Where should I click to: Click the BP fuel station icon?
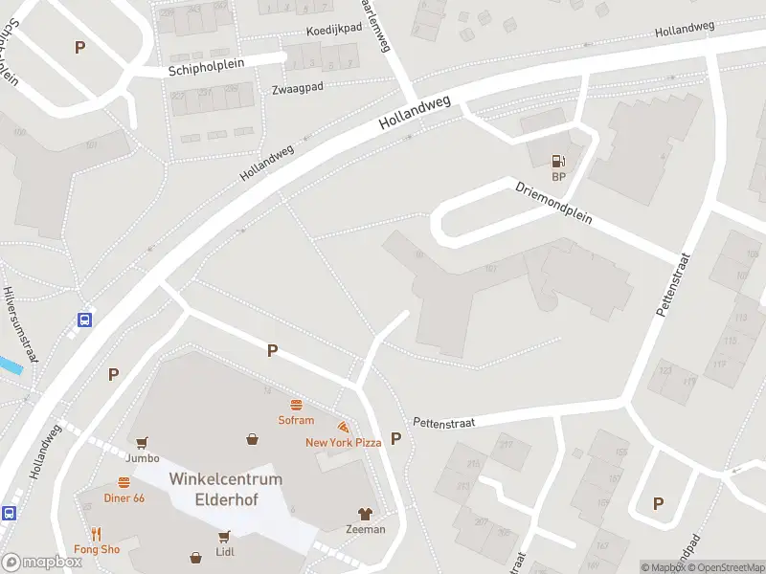(x=558, y=162)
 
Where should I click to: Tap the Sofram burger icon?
(x=296, y=405)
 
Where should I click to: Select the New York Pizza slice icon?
(x=343, y=427)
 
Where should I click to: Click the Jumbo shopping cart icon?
(x=143, y=443)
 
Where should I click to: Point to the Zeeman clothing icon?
(x=365, y=514)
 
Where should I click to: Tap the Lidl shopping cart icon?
(x=225, y=536)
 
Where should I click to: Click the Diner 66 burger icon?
(x=124, y=483)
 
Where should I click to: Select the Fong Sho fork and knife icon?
(x=97, y=534)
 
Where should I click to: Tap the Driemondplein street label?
(x=554, y=203)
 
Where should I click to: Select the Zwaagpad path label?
(x=297, y=87)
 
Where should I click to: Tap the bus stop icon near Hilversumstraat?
(x=84, y=320)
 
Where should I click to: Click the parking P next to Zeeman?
(x=395, y=438)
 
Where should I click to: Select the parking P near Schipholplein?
(x=79, y=47)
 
